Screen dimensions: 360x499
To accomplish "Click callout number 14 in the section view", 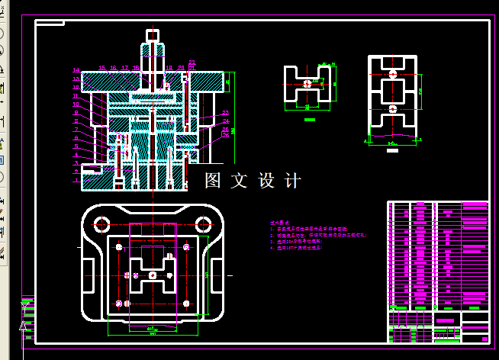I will coord(76,71).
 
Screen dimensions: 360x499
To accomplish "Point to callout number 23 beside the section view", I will coord(226,113).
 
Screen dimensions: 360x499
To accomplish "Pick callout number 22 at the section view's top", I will coord(192,62).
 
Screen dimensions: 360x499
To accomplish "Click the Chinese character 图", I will coord(213,181).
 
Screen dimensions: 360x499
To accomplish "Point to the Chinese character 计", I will coord(292,181).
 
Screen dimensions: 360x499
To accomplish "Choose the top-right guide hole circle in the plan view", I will coord(203,224).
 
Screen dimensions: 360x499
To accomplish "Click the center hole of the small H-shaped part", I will coord(308,83).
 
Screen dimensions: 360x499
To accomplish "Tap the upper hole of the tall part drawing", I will coord(393,75).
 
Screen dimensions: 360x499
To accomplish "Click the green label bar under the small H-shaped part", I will coord(310,120).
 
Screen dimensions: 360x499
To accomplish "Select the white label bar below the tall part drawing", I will coord(393,150).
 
